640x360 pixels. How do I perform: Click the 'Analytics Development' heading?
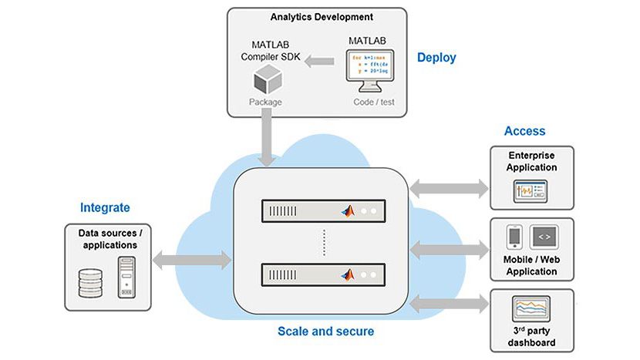pos(322,16)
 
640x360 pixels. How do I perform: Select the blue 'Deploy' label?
pos(436,57)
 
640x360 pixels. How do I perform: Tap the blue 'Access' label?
pos(524,131)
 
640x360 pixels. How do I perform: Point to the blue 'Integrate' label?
pos(105,207)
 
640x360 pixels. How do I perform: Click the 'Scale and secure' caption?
pos(325,331)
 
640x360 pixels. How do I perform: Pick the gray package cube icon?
pos(266,80)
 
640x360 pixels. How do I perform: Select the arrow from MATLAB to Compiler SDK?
pos(318,61)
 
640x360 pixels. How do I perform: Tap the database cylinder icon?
pos(90,283)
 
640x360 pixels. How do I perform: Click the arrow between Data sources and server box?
pos(192,260)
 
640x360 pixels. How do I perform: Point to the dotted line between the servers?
pos(325,242)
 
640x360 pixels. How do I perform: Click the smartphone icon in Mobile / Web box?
pos(515,236)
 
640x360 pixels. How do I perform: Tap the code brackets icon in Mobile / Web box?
pos(543,236)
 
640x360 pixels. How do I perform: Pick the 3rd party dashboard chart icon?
pos(531,310)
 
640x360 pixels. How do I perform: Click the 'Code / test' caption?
pos(368,101)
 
